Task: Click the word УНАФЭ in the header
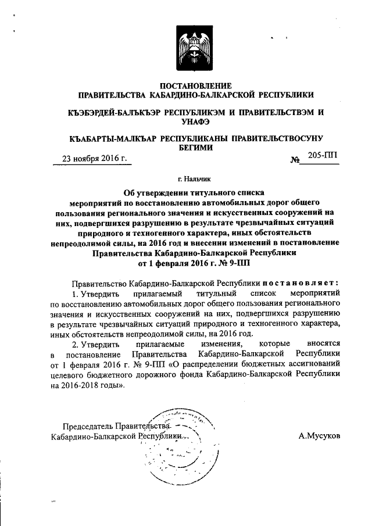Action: [195, 121]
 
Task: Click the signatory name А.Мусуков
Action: [319, 435]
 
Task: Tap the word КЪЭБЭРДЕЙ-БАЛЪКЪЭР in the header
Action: [113, 111]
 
